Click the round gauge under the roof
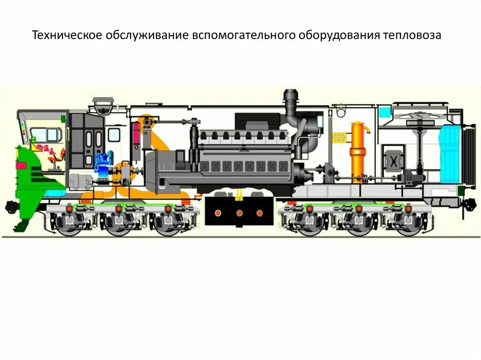340,113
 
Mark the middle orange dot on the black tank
239,213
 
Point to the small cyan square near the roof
385,112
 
